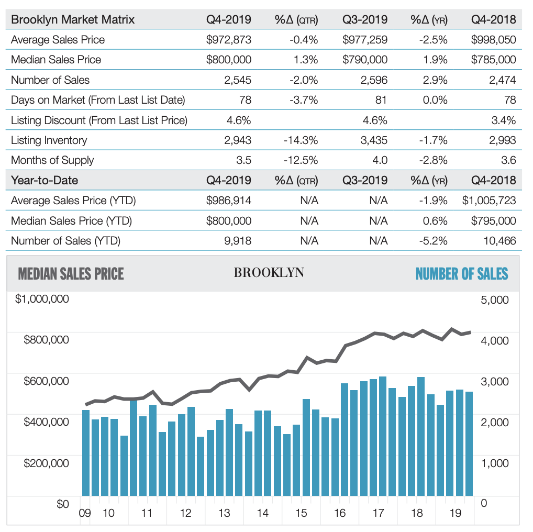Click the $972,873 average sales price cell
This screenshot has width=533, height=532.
point(228,40)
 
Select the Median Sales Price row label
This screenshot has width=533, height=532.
point(56,60)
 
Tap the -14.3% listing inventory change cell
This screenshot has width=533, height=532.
point(301,140)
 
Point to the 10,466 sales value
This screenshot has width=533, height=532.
point(499,241)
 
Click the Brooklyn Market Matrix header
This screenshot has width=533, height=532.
point(73,19)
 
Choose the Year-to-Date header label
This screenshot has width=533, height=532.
point(45,180)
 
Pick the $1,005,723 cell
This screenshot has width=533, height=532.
point(489,200)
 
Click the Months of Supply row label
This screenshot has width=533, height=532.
point(52,160)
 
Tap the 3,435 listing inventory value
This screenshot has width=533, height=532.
point(374,140)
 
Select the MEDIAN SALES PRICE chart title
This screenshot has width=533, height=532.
point(71,274)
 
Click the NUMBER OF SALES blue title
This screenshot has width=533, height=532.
point(462,274)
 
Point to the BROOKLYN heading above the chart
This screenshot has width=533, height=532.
point(269,273)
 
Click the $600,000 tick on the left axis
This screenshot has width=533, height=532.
point(46,381)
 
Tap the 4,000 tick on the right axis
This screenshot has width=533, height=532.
point(495,340)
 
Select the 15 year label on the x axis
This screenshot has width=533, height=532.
point(301,513)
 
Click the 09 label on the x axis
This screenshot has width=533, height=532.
point(85,513)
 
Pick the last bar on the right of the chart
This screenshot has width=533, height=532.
point(469,444)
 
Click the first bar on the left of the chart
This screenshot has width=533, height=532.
point(86,453)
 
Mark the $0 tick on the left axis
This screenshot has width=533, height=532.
point(62,503)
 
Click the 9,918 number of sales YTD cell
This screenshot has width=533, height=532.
point(238,241)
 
